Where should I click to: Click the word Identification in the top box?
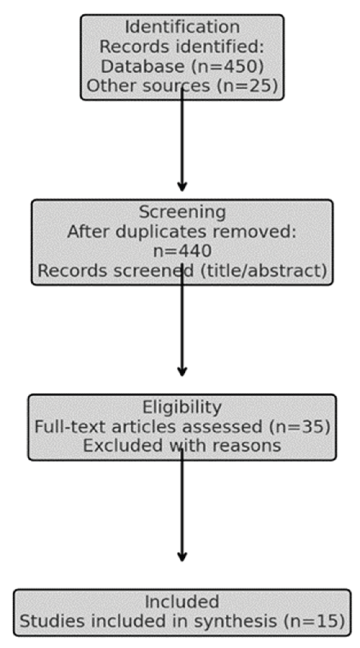coord(182,27)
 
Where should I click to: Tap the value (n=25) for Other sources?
coord(248,86)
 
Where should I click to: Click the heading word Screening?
coord(182,212)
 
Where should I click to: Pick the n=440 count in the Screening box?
coord(182,251)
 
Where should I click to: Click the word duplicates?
coord(161,232)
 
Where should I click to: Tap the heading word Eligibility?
coord(182,407)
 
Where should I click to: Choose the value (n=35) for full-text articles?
coord(300,427)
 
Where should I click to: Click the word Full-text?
coord(71,427)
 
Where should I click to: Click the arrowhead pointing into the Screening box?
coord(182,187)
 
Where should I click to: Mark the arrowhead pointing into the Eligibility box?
coord(182,372)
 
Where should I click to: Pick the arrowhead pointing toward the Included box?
coord(182,557)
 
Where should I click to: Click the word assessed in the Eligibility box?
coord(222,427)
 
